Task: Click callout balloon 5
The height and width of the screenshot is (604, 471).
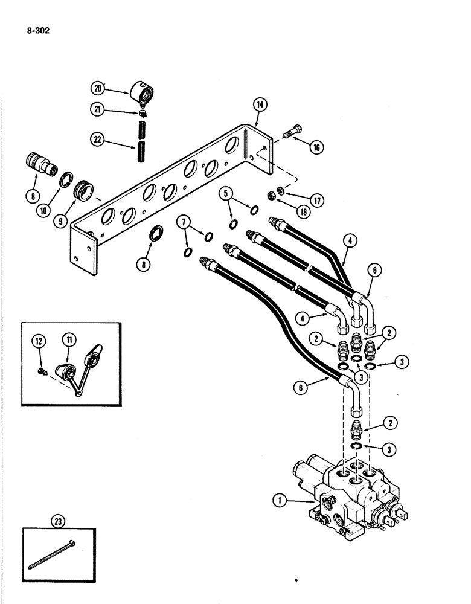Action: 226,195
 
